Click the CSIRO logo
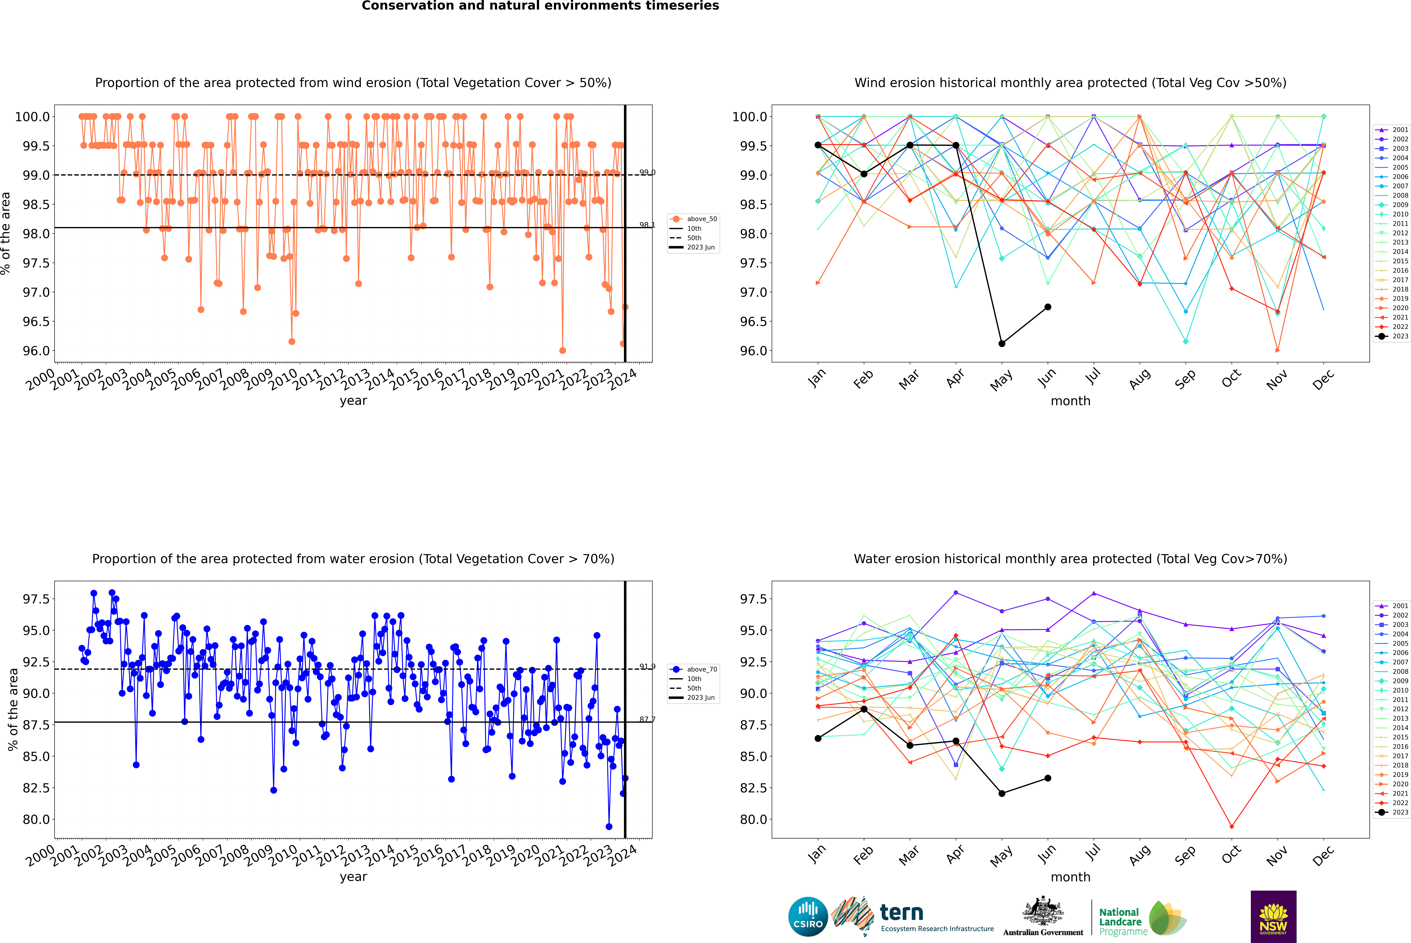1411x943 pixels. tap(808, 917)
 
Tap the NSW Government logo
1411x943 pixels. tap(1273, 917)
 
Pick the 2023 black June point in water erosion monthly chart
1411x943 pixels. tap(1048, 778)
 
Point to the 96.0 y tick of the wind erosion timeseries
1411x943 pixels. tap(36, 351)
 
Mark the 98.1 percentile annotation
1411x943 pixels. tap(647, 225)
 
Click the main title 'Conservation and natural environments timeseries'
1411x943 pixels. tap(540, 6)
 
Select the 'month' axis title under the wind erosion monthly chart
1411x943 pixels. tap(1070, 401)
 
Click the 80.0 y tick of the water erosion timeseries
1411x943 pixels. tap(36, 819)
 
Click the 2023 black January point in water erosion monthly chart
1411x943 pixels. tap(818, 739)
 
